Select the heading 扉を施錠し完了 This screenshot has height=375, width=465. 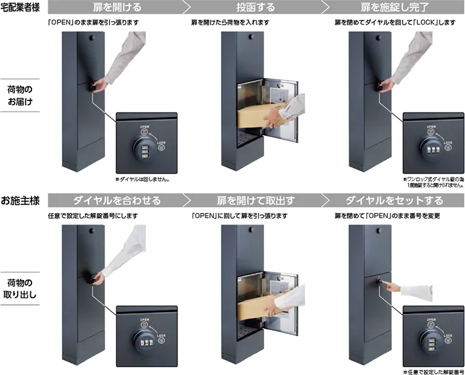(x=394, y=8)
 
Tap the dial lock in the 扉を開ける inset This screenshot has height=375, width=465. (x=143, y=148)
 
